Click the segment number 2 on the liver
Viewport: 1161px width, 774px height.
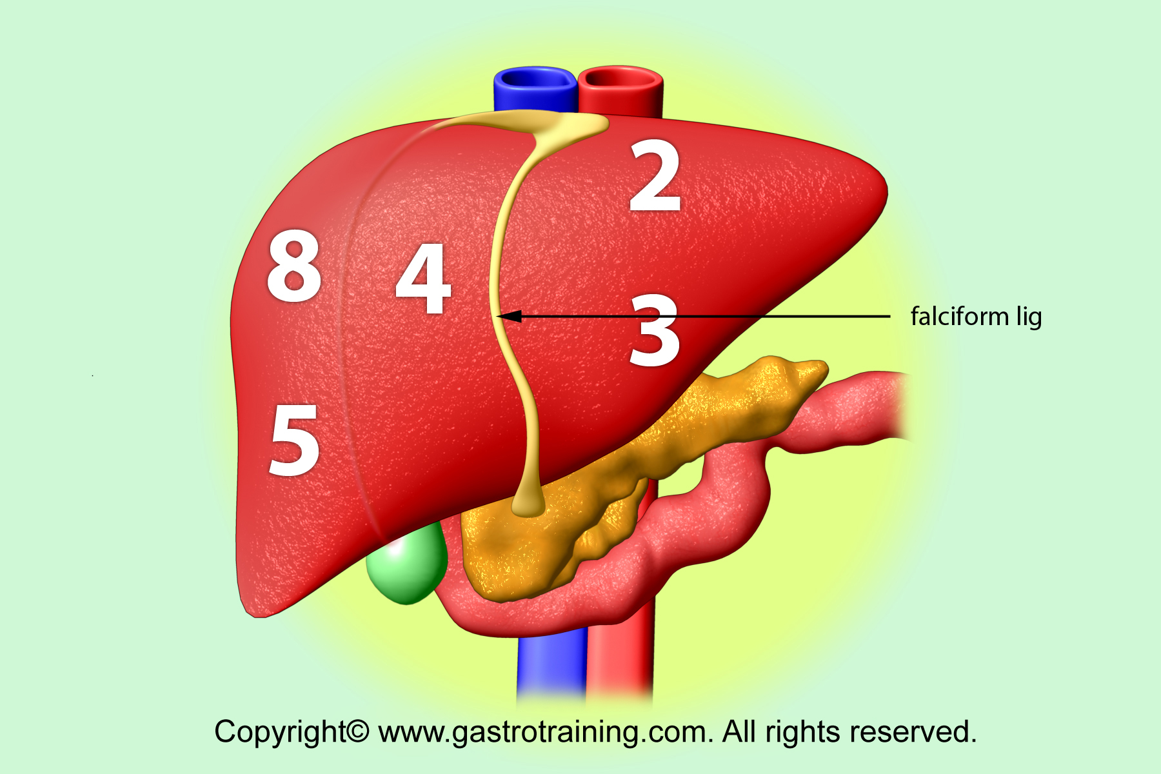(x=655, y=177)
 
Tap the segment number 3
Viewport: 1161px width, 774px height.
(x=655, y=330)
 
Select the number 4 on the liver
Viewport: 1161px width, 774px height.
(x=424, y=279)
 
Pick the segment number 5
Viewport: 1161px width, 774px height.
(x=295, y=441)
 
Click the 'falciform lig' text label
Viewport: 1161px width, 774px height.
(x=976, y=317)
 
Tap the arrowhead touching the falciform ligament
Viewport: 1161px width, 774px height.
(x=508, y=316)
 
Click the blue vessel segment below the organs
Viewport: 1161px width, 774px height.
(x=551, y=668)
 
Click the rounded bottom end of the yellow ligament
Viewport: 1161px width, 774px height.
(x=528, y=508)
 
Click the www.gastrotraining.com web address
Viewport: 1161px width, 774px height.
(x=545, y=733)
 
